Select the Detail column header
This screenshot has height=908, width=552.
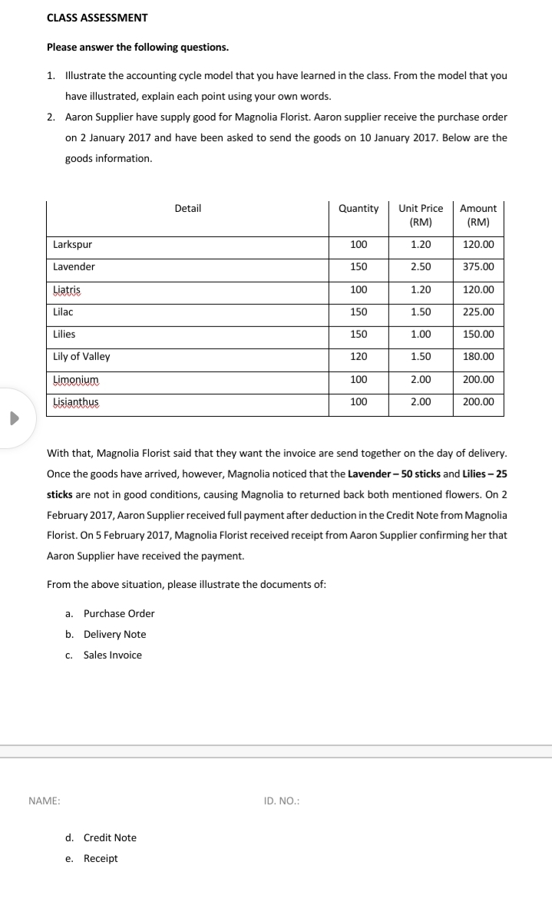click(x=188, y=208)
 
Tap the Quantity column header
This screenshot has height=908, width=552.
click(x=359, y=208)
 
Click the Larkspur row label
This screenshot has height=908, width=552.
click(x=72, y=245)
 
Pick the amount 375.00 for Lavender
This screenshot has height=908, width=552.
click(x=478, y=267)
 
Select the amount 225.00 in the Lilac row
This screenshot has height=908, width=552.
click(x=478, y=312)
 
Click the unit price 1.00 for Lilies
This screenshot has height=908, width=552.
click(x=421, y=335)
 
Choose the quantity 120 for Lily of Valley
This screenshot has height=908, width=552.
click(x=359, y=357)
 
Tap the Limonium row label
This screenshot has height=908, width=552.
click(x=76, y=380)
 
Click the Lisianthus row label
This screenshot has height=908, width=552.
click(x=76, y=402)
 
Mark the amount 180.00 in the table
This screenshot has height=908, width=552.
click(x=478, y=357)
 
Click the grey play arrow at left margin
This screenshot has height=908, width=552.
click(x=13, y=419)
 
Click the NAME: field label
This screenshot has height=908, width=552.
click(x=45, y=801)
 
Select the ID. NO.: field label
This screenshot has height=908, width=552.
click(x=281, y=801)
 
